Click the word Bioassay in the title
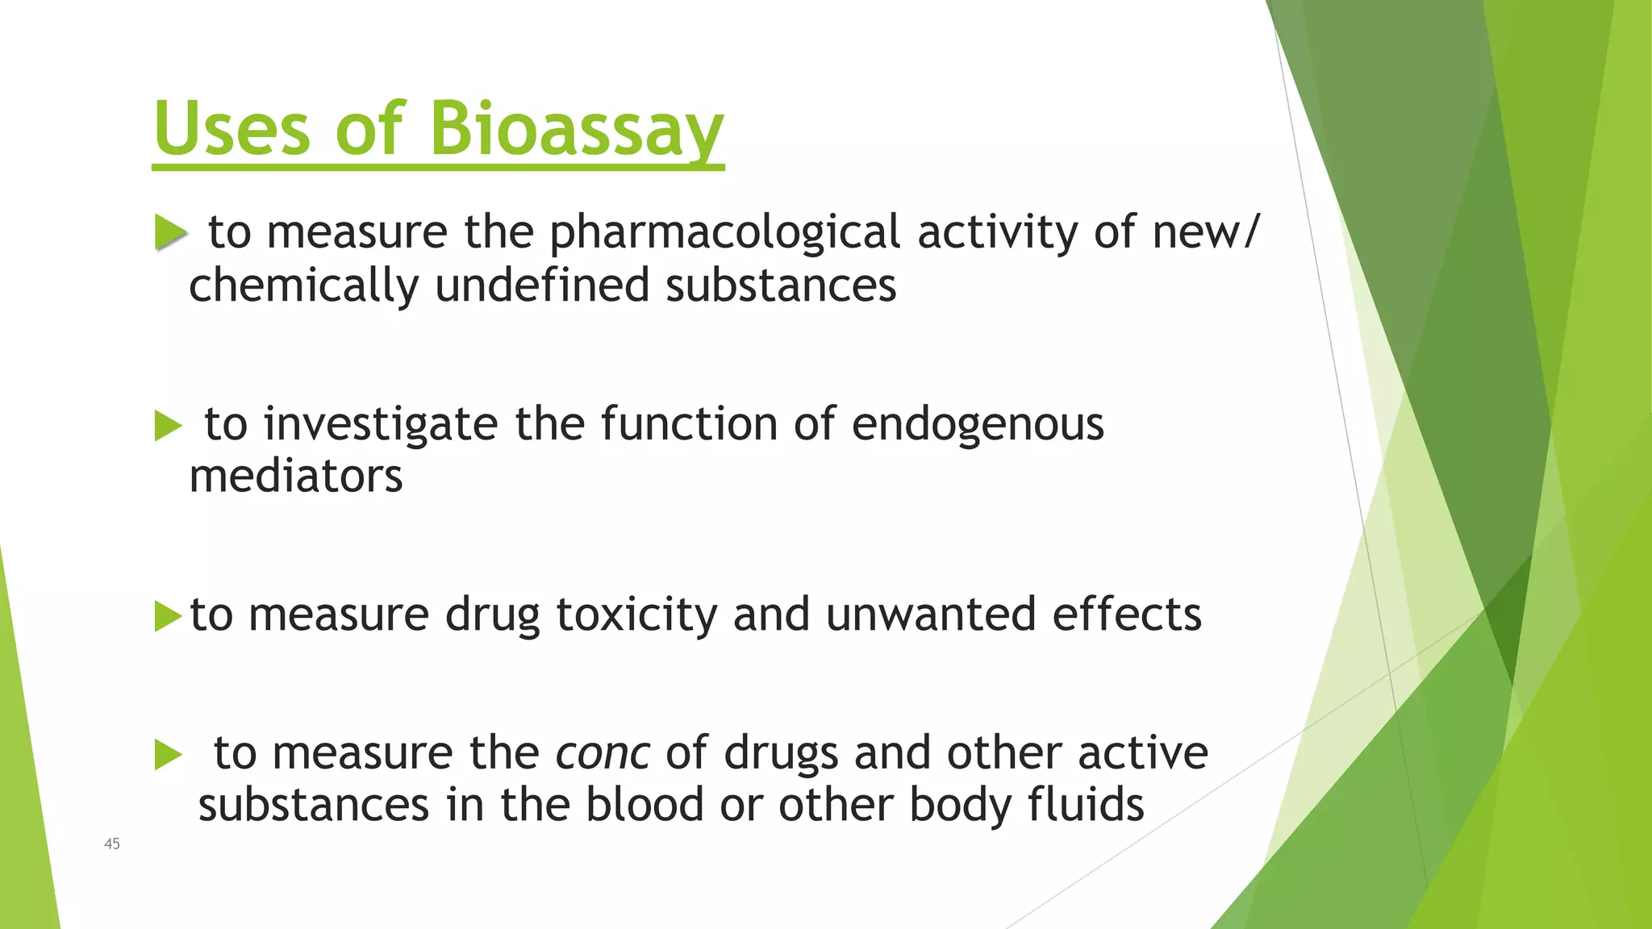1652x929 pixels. pos(576,129)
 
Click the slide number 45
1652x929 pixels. pos(112,844)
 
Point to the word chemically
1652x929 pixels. pos(304,285)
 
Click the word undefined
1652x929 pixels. pos(542,285)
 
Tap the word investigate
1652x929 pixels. pos(381,424)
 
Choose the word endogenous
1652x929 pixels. pos(978,424)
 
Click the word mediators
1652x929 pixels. pos(296,476)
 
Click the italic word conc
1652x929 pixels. pos(603,753)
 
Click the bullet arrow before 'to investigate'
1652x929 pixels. pos(168,426)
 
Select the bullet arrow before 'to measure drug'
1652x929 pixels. pos(168,617)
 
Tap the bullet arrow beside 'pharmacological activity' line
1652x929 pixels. pos(169,232)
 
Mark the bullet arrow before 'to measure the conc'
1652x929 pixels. pos(168,755)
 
